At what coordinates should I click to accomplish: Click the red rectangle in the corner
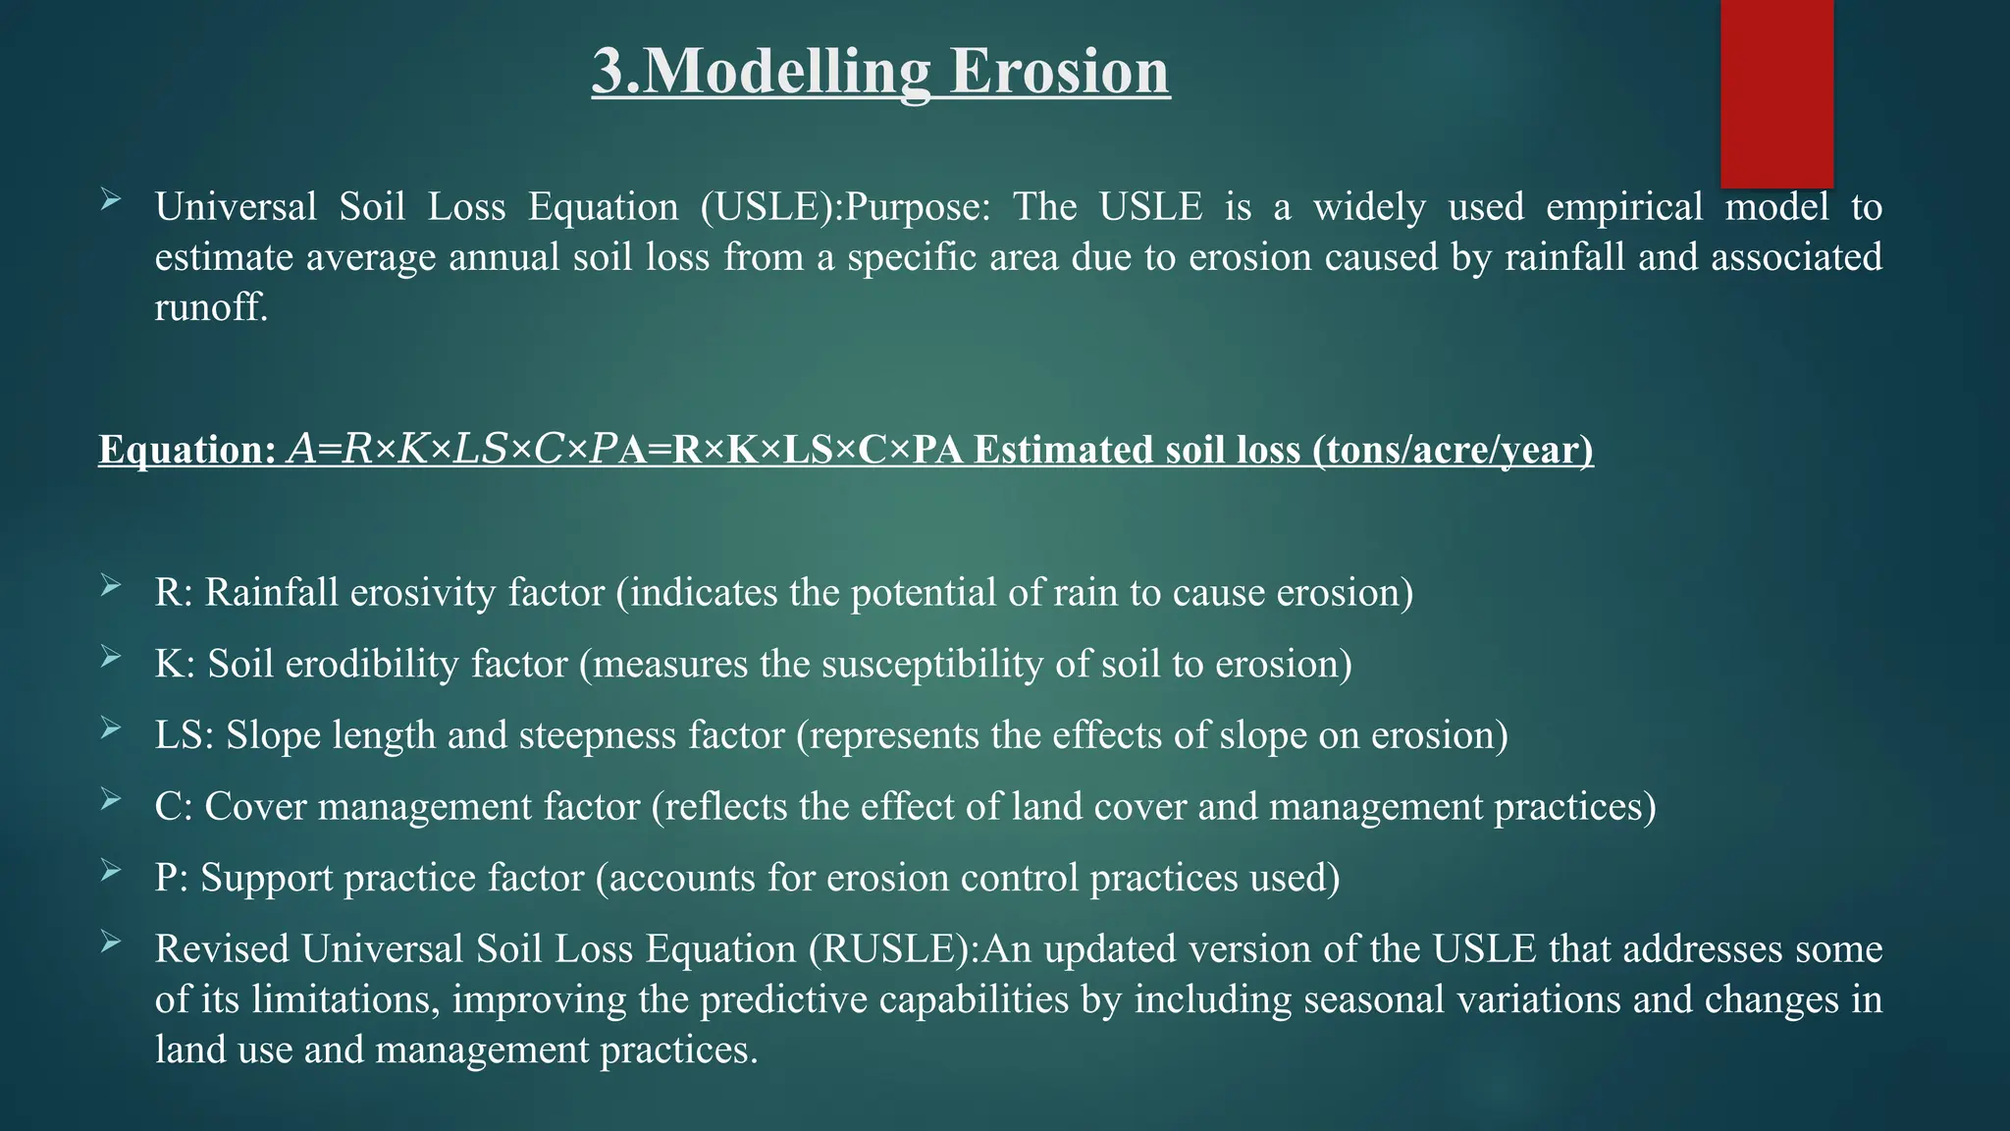tap(1776, 93)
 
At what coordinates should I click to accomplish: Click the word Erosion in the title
tap(1059, 72)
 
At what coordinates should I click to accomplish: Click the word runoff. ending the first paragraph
tap(211, 307)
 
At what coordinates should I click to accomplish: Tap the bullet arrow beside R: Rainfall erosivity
tap(110, 587)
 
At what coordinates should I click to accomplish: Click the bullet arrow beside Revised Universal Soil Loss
tap(110, 943)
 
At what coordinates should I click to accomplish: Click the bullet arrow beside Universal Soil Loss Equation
tap(110, 201)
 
